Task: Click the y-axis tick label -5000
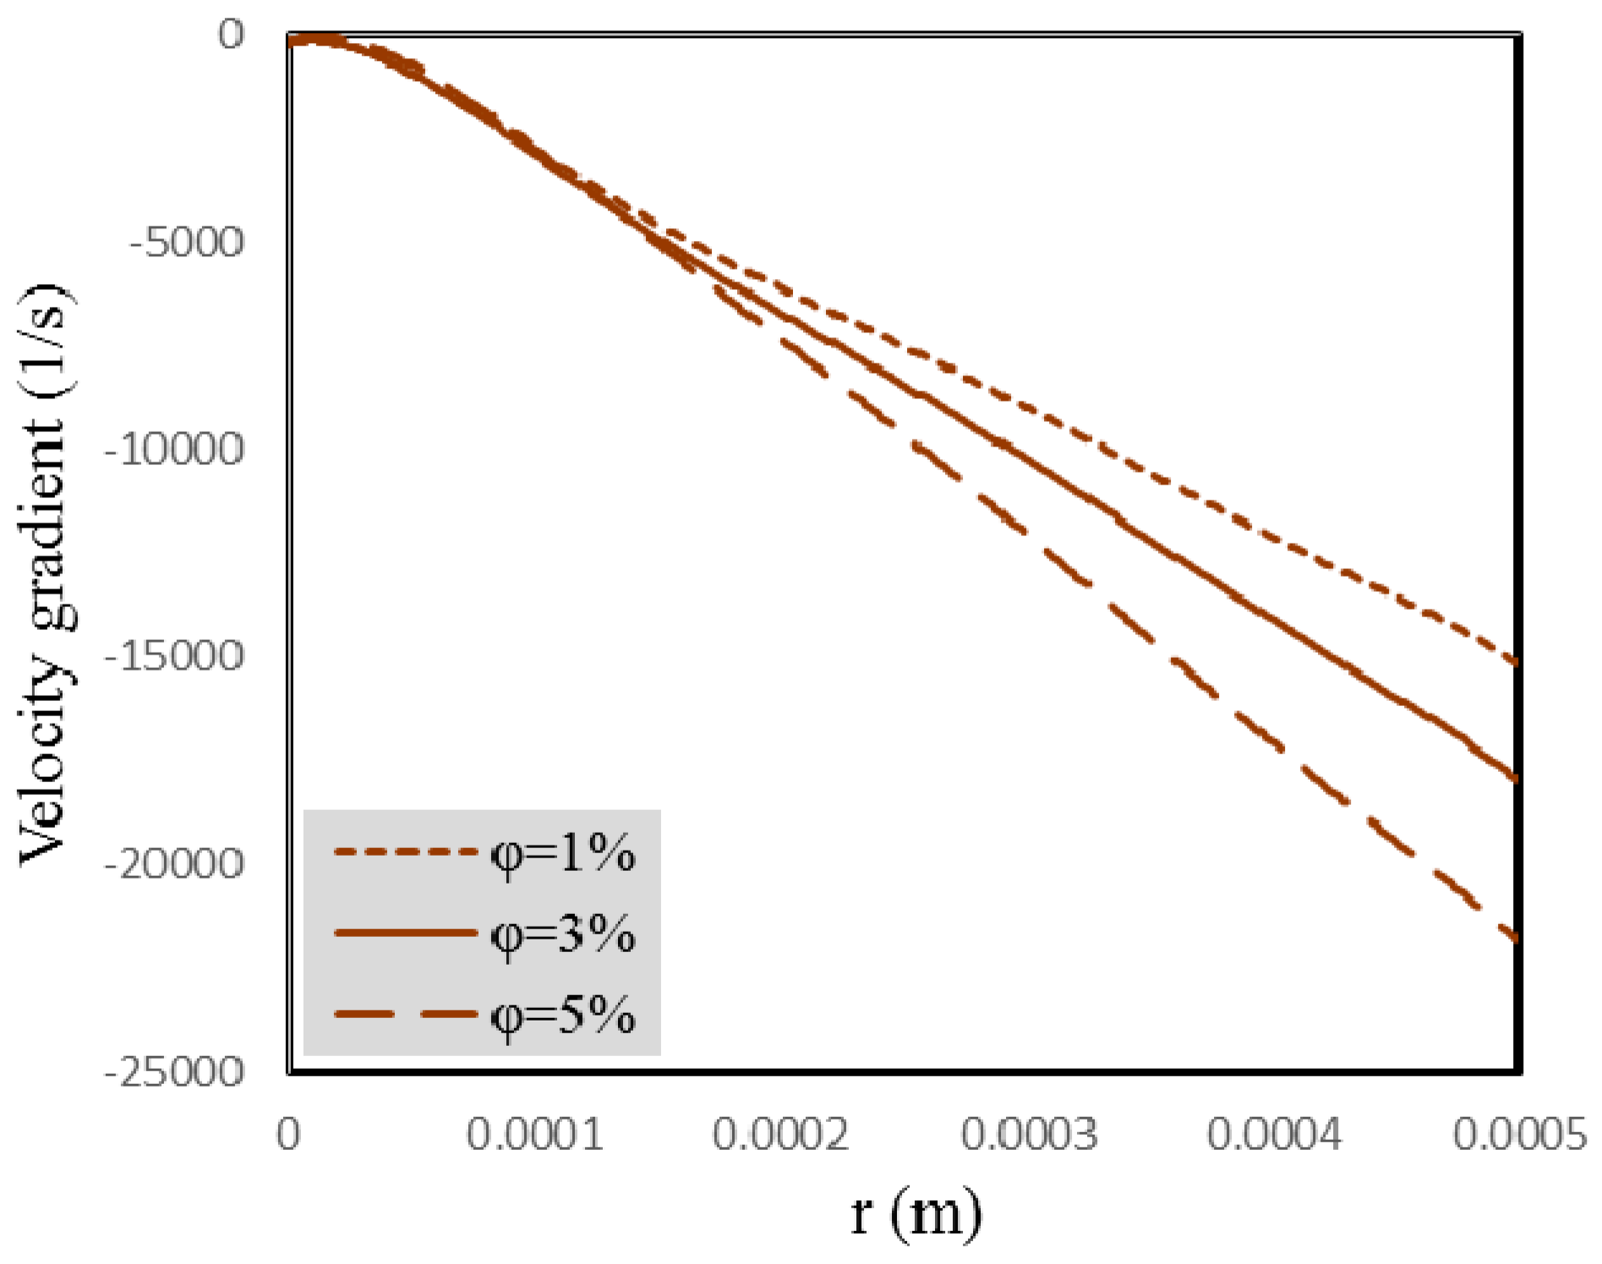coord(187,243)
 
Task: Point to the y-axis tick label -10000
coord(174,449)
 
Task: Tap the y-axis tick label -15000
coord(174,656)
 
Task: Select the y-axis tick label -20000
coord(174,864)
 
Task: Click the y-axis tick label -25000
coord(174,1072)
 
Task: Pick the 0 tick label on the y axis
coord(231,35)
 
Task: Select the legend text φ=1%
coord(563,854)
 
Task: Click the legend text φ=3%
coord(563,935)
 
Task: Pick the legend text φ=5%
coord(563,1015)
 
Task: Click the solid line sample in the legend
coord(406,933)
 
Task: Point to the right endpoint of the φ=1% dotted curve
coord(1517,663)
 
